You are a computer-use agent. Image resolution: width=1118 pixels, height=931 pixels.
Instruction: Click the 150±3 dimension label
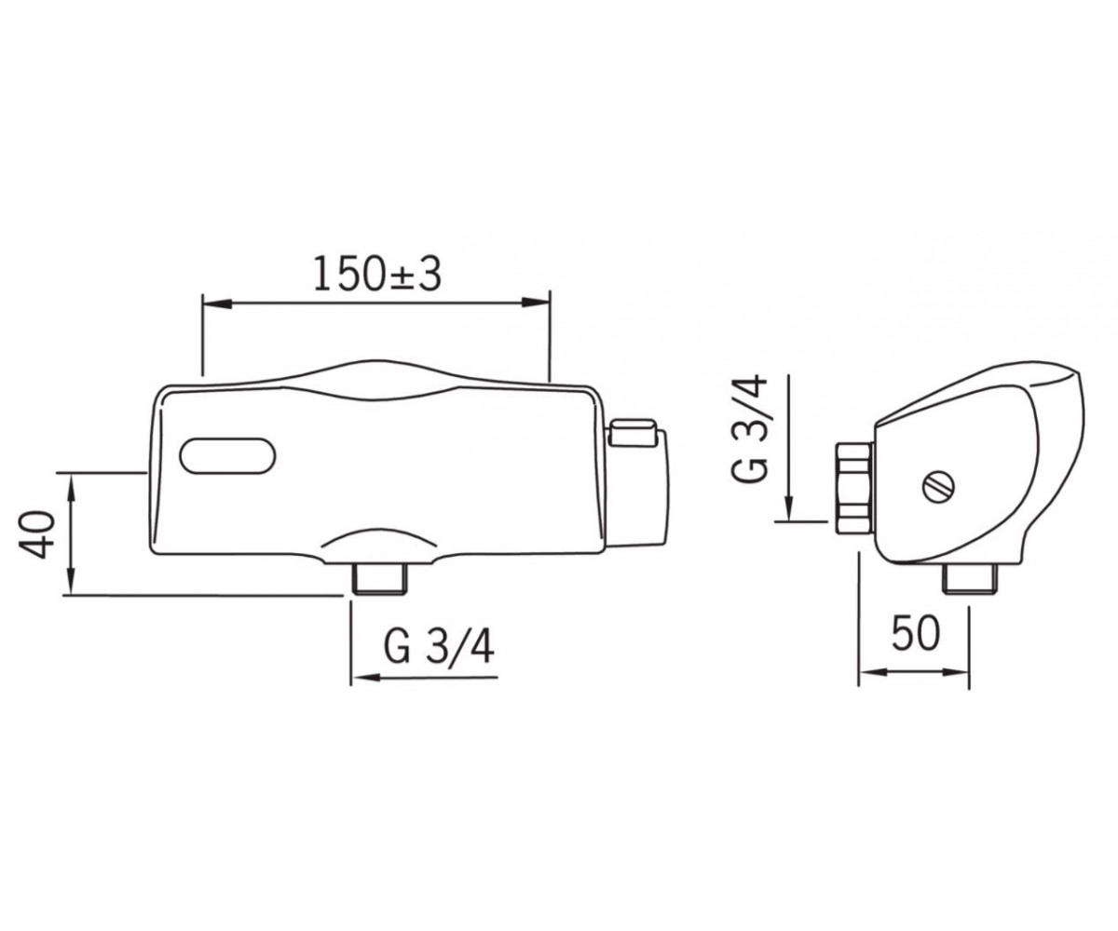pyautogui.click(x=377, y=273)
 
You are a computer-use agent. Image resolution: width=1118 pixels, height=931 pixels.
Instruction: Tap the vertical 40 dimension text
pyautogui.click(x=37, y=534)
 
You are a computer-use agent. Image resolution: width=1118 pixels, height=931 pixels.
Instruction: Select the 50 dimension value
pyautogui.click(x=916, y=632)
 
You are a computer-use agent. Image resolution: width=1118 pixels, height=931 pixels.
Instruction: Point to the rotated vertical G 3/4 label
pyautogui.click(x=749, y=429)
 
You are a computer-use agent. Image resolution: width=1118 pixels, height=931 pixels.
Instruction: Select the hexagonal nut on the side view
pyautogui.click(x=854, y=489)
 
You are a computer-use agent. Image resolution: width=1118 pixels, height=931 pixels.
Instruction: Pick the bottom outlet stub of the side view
pyautogui.click(x=970, y=579)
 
